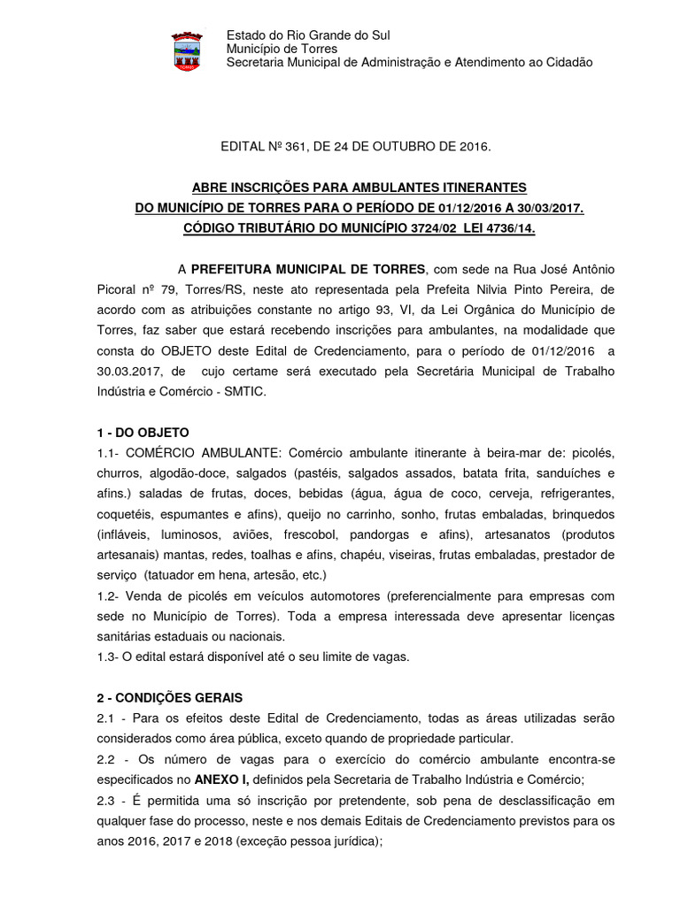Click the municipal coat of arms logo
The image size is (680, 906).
click(x=186, y=50)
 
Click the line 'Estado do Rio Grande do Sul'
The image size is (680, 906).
click(x=308, y=35)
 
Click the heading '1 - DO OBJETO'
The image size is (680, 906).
click(x=143, y=433)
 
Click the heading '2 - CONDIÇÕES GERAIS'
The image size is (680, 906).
click(x=168, y=698)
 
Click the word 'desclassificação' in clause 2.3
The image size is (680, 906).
click(x=507, y=801)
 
